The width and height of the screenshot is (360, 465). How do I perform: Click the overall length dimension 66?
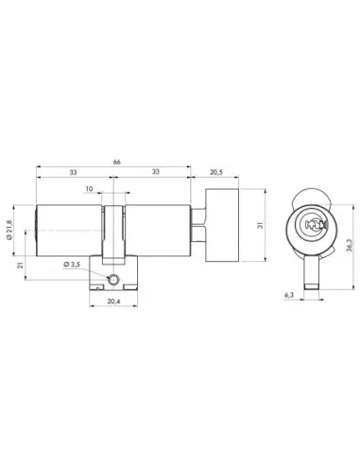pos(117,163)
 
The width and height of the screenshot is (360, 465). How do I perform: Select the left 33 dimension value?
pos(73,172)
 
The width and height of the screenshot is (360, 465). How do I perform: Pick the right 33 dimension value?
pos(156,172)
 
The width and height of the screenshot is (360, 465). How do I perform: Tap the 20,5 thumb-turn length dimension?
pos(216,172)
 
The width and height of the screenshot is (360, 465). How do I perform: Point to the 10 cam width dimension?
pos(89,189)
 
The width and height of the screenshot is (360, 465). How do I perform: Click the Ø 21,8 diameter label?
pos(9,230)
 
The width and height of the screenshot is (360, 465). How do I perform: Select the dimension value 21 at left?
pos(21,266)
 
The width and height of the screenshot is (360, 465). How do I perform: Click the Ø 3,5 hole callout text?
pos(72,265)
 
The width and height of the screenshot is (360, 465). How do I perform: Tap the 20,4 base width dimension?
pos(113,301)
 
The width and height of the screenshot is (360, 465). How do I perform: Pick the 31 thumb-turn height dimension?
pos(260,225)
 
